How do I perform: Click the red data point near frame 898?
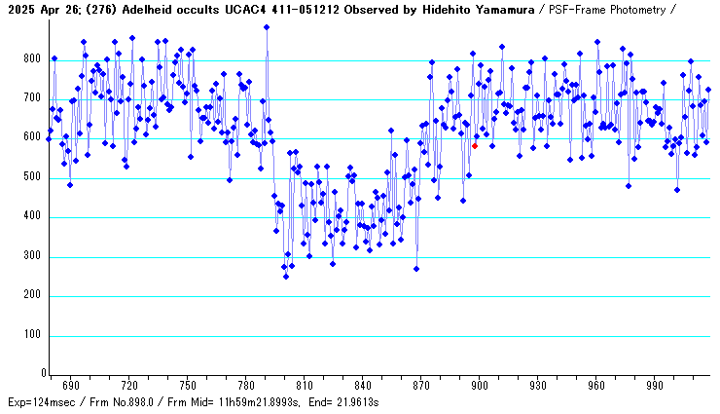[475, 145]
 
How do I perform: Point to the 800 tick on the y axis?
[33, 60]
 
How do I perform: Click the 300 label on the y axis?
[33, 257]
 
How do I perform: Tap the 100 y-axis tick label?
[33, 335]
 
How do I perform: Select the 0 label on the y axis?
[40, 374]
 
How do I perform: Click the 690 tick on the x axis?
[70, 385]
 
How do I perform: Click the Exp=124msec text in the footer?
[39, 402]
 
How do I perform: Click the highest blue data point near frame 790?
[267, 27]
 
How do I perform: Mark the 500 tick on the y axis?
[33, 178]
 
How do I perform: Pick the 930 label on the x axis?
[538, 385]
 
